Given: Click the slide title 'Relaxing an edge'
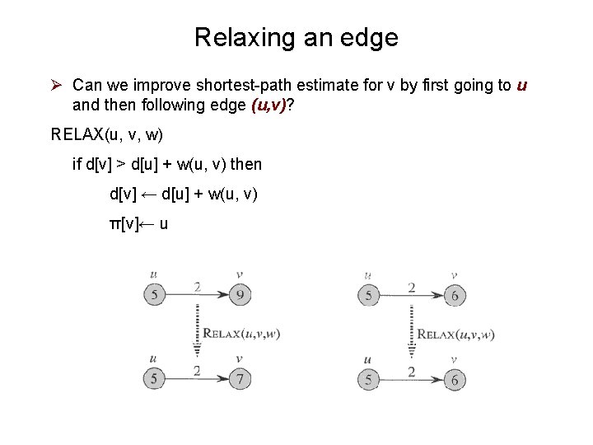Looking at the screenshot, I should [296, 37].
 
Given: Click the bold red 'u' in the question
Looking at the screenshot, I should [521, 85].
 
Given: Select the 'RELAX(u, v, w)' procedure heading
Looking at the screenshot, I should [106, 134].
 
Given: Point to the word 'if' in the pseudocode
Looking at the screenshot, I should [77, 165].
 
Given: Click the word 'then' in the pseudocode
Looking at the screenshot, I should [246, 165].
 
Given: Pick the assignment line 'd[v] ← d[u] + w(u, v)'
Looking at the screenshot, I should [184, 194].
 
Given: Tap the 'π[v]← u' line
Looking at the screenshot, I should [139, 223].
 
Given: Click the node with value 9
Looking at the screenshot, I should [238, 294].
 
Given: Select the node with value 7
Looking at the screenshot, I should [238, 379].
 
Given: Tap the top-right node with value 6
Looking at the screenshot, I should [454, 295].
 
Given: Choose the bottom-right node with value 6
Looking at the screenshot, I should [454, 379].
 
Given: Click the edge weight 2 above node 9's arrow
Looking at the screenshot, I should [196, 286].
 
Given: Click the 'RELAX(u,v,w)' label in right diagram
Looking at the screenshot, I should [455, 334].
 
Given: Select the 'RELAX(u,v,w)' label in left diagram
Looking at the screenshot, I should [241, 334].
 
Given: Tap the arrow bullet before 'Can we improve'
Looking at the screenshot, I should [57, 85].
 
